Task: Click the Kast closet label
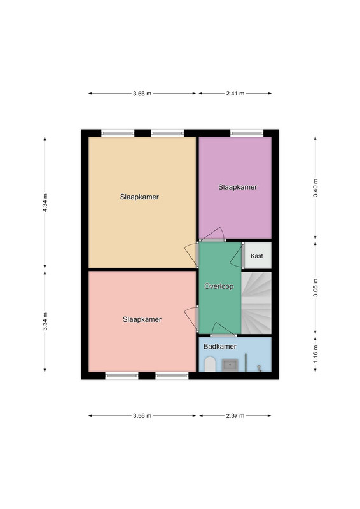(257, 256)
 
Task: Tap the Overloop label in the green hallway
(219, 286)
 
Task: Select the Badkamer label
(220, 346)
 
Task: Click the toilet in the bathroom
(210, 364)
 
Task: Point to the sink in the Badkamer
(230, 365)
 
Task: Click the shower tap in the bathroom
(259, 368)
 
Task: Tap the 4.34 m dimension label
(45, 202)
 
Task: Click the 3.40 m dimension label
(315, 188)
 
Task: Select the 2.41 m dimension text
(235, 94)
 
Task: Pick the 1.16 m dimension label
(315, 354)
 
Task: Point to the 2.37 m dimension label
(235, 416)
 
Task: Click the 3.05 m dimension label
(315, 288)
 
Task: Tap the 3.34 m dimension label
(45, 321)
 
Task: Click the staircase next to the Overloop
(256, 303)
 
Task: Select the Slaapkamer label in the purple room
(238, 187)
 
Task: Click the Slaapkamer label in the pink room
(142, 319)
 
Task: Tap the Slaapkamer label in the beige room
(139, 197)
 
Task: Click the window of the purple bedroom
(247, 133)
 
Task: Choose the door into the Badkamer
(223, 330)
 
